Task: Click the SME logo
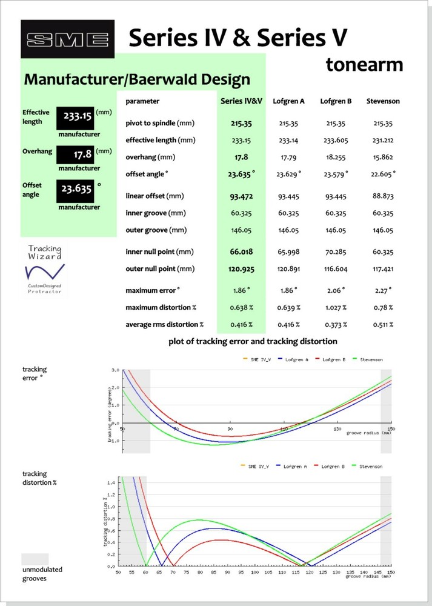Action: coord(68,39)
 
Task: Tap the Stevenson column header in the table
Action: coord(383,101)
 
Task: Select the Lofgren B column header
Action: coord(336,101)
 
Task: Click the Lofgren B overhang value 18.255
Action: coord(336,158)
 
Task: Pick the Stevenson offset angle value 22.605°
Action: coord(383,174)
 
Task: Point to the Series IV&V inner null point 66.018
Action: coord(241,251)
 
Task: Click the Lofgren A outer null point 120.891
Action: coord(288,269)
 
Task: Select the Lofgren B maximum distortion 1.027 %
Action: coord(336,308)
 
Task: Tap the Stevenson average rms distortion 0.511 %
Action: coord(383,325)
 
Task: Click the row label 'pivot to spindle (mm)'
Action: coord(160,123)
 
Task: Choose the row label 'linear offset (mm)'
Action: coord(155,196)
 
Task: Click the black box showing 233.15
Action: coord(75,118)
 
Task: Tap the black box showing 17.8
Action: coord(75,155)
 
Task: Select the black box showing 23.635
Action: coord(75,191)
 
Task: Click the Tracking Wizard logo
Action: coord(45,270)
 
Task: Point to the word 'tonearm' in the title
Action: coord(364,64)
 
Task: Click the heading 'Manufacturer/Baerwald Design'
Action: coord(137,79)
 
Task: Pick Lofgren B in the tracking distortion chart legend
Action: coord(329,467)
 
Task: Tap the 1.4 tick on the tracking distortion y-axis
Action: coord(111,483)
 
